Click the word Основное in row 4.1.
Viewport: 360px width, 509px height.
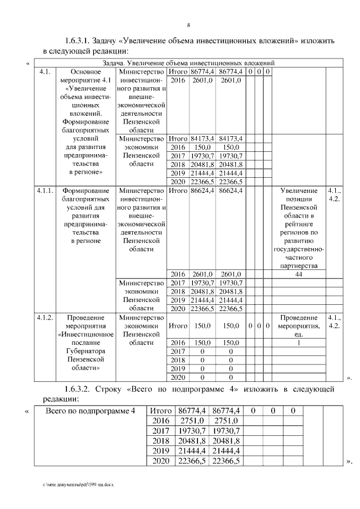pos(86,72)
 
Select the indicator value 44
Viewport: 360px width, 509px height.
pos(299,274)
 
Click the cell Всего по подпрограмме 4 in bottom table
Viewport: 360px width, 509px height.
pos(90,411)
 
